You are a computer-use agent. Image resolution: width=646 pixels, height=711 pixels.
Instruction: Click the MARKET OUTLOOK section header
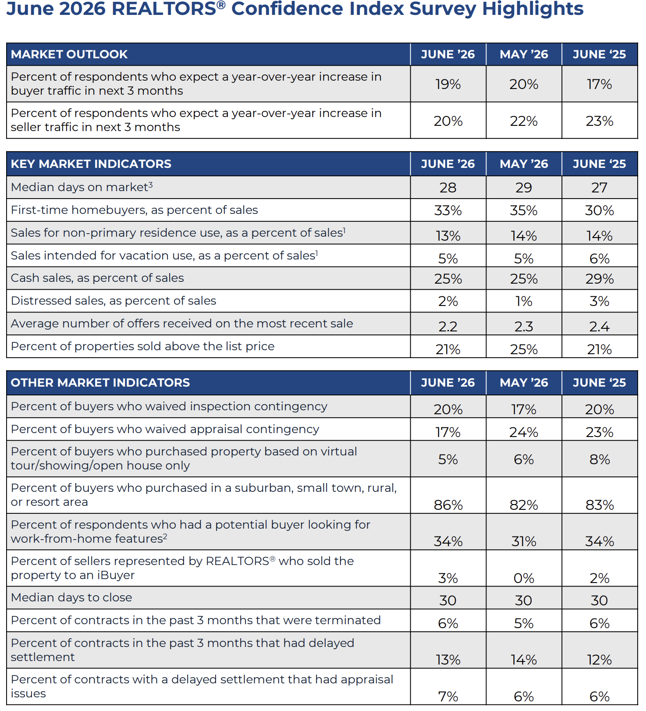[69, 54]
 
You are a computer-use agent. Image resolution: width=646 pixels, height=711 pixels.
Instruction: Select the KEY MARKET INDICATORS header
[91, 164]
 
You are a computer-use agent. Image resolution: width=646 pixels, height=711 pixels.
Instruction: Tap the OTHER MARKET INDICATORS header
[100, 383]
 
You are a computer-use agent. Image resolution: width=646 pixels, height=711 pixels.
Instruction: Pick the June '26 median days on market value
[448, 188]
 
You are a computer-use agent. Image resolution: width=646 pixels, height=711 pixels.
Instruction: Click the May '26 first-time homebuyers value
[524, 210]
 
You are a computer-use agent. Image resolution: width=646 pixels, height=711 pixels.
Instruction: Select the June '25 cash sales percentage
[600, 279]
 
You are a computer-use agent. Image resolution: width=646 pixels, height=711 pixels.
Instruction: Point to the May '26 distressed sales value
[524, 301]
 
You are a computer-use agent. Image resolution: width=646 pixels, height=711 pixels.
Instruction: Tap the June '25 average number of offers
[600, 327]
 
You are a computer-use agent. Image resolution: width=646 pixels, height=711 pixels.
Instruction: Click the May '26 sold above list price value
[524, 349]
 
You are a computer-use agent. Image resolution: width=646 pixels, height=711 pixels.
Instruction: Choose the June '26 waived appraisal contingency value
[448, 432]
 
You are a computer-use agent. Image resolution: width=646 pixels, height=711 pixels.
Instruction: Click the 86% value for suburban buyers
[448, 505]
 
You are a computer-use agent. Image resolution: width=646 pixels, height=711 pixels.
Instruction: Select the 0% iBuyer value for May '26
[524, 578]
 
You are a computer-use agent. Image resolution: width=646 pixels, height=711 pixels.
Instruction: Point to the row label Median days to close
[71, 597]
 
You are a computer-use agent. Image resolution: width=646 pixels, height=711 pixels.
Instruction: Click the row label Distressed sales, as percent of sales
[114, 301]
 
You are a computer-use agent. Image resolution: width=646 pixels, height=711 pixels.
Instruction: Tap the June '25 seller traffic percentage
[600, 121]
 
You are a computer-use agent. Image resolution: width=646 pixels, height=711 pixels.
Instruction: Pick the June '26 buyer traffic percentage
[448, 84]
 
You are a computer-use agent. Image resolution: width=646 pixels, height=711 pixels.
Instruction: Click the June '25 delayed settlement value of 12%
[600, 660]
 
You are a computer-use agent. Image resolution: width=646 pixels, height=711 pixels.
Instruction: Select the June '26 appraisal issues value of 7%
[448, 697]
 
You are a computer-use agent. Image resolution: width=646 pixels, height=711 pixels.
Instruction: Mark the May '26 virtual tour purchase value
[524, 459]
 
